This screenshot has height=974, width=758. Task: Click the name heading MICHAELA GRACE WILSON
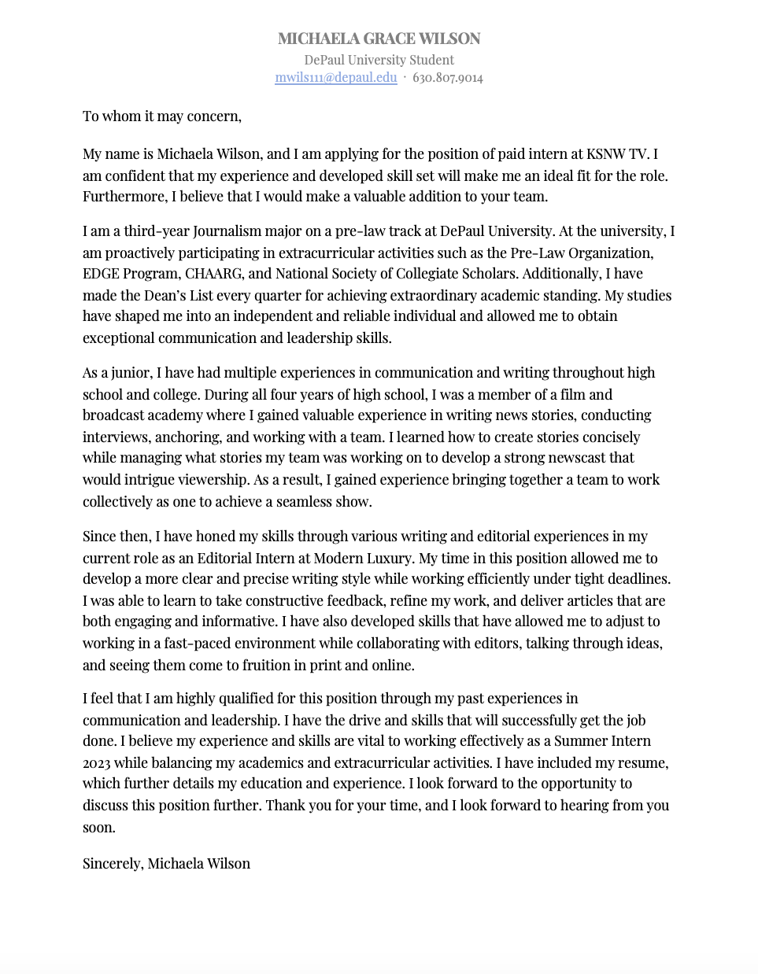[379, 39]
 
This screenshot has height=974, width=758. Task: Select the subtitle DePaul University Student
[379, 60]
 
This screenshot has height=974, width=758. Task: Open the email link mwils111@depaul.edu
[335, 77]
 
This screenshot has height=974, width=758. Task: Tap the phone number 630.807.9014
[447, 77]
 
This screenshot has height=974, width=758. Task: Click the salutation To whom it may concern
[161, 116]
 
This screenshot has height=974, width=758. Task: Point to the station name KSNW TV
[617, 154]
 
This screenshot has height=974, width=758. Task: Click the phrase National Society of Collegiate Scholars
[395, 274]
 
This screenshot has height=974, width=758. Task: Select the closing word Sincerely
[113, 864]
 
